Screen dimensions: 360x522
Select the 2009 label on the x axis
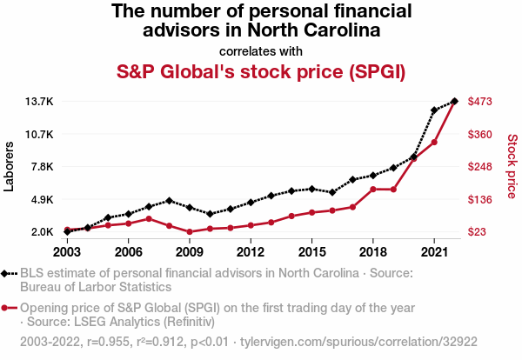[190, 252]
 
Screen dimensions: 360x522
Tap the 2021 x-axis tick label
[433, 252]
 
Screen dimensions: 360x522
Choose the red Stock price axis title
[512, 166]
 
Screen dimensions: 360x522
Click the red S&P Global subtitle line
[261, 70]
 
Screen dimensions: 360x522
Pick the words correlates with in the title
[261, 50]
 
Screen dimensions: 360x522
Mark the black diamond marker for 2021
[434, 110]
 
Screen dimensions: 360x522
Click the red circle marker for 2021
[434, 142]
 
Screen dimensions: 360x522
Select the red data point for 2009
[190, 232]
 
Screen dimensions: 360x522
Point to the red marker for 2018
[373, 189]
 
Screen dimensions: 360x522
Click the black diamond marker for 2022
[454, 102]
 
